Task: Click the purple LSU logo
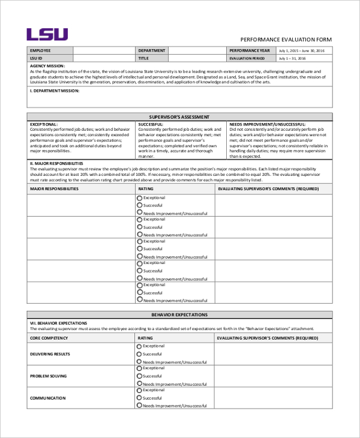coord(47,34)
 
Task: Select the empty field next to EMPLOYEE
coord(103,50)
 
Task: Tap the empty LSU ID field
coord(103,59)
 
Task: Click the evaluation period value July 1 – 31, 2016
coord(292,59)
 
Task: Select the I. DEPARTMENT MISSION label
coord(54,91)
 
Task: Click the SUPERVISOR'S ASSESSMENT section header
coord(179,116)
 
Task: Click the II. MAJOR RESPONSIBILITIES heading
coord(56,163)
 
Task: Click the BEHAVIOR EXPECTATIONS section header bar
coord(179,314)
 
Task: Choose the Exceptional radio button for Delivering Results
coord(140,346)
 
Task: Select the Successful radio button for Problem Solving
coord(140,376)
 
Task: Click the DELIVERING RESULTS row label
coord(50,354)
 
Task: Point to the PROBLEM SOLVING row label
coord(48,376)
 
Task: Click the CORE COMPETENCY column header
coord(49,338)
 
